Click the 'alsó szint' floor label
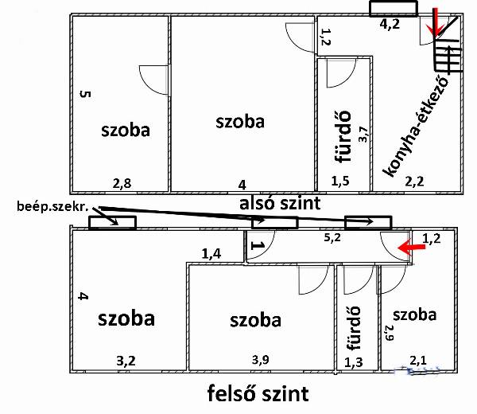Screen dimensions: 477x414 (280, 204)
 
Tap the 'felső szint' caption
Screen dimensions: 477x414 (258, 393)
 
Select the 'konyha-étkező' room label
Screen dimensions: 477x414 (416, 127)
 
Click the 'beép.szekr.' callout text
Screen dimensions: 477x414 (52, 206)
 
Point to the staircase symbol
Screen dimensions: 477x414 (448, 56)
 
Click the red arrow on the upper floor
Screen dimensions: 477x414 (412, 248)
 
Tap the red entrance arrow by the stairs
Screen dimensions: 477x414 (435, 23)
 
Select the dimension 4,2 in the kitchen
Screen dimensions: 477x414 (390, 24)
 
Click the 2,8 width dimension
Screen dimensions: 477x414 (122, 184)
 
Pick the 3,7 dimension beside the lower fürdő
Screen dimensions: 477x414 (364, 135)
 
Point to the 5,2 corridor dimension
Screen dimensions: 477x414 (332, 237)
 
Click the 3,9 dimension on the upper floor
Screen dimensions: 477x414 (261, 360)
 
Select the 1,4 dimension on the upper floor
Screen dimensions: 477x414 (211, 253)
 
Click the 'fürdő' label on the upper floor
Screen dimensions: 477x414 (353, 328)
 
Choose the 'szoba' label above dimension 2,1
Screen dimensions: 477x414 (415, 314)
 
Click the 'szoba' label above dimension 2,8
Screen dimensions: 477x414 (126, 130)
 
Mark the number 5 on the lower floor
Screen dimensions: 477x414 (86, 94)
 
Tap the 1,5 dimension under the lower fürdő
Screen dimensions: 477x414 (340, 182)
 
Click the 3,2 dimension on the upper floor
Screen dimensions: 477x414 (126, 361)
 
